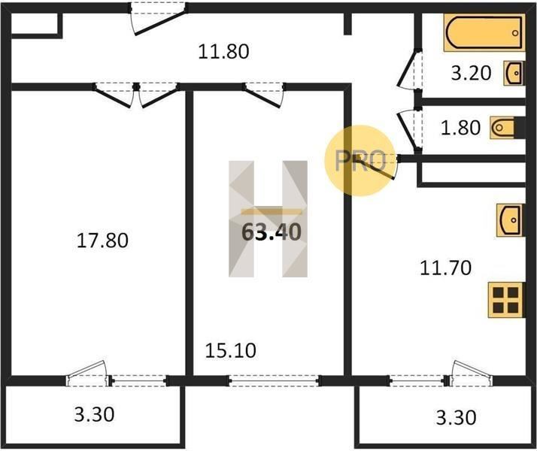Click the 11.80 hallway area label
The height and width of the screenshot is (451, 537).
[x=223, y=52]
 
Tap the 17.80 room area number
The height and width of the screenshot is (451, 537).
[x=102, y=241]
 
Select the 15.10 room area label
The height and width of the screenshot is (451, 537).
[x=230, y=350]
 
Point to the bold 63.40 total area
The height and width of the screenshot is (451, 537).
[x=272, y=232]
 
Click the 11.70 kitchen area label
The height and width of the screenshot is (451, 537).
[x=445, y=268]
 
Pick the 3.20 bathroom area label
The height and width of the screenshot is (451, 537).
[x=471, y=73]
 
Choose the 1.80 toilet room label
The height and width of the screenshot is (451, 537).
[x=460, y=128]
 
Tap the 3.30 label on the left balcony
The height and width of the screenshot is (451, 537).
[x=94, y=414]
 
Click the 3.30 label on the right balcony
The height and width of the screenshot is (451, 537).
[x=456, y=417]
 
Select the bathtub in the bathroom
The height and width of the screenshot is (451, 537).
[x=484, y=33]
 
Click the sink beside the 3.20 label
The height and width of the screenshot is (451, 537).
[x=514, y=73]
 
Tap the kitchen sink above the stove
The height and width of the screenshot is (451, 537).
[x=510, y=220]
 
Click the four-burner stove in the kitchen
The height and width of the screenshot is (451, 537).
[x=506, y=300]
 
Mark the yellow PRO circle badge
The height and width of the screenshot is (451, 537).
[x=360, y=161]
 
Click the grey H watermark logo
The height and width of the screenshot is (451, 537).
[x=268, y=219]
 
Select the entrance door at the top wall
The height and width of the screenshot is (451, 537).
[x=158, y=19]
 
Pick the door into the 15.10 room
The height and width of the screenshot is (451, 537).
[x=264, y=95]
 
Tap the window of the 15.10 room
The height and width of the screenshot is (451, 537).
[x=274, y=380]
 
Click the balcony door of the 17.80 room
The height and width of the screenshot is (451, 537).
[x=88, y=374]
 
